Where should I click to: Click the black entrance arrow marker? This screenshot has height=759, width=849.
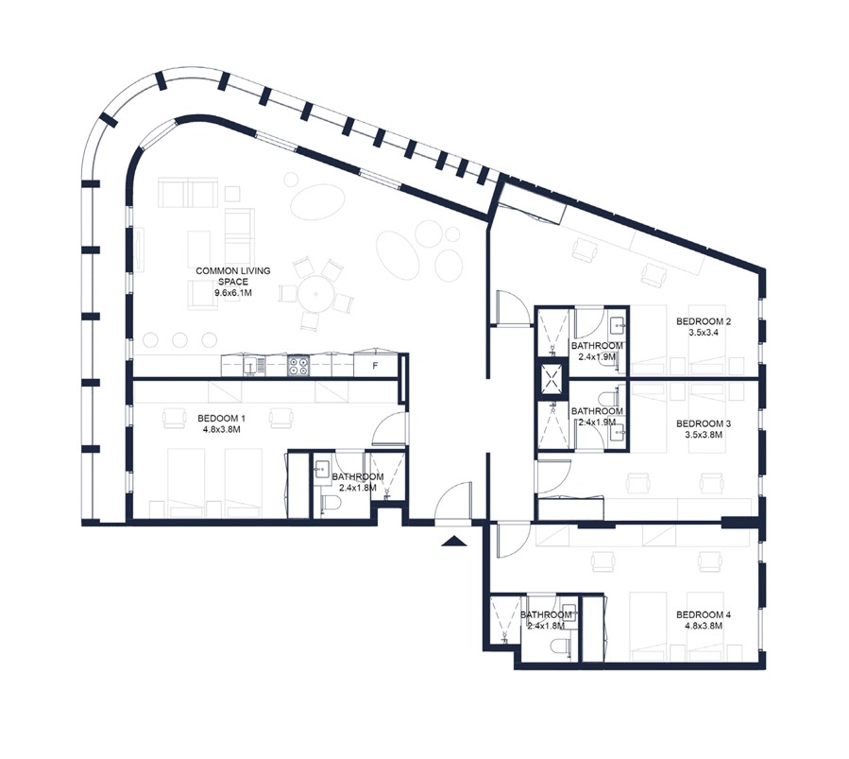[x=453, y=541]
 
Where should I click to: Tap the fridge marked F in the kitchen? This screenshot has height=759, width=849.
[x=376, y=365]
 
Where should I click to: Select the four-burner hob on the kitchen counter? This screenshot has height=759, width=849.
[x=298, y=365]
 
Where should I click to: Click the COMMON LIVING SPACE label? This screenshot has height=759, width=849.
[x=233, y=276]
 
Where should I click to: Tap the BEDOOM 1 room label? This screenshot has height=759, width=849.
[x=221, y=418]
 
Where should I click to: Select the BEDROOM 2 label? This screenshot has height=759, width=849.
[x=704, y=321]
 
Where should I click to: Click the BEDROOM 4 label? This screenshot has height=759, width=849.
[x=704, y=614]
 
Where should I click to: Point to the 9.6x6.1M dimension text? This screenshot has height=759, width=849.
[x=233, y=293]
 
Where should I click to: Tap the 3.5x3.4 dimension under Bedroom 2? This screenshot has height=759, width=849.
[x=704, y=333]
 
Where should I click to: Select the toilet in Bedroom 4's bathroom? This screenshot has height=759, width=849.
[x=560, y=647]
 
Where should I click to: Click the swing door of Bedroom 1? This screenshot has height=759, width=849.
[x=388, y=429]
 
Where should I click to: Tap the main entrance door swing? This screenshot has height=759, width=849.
[x=452, y=503]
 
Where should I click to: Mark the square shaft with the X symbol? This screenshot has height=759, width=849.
[x=549, y=379]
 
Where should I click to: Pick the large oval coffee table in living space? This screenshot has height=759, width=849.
[x=318, y=201]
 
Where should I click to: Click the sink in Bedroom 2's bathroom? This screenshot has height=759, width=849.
[x=617, y=326]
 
